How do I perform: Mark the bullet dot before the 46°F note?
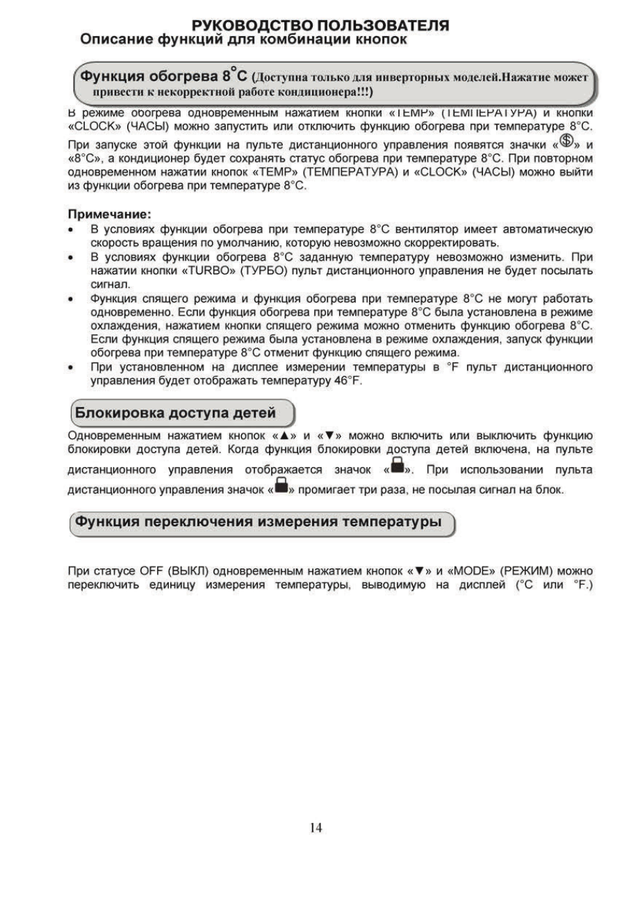pos(73,368)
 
